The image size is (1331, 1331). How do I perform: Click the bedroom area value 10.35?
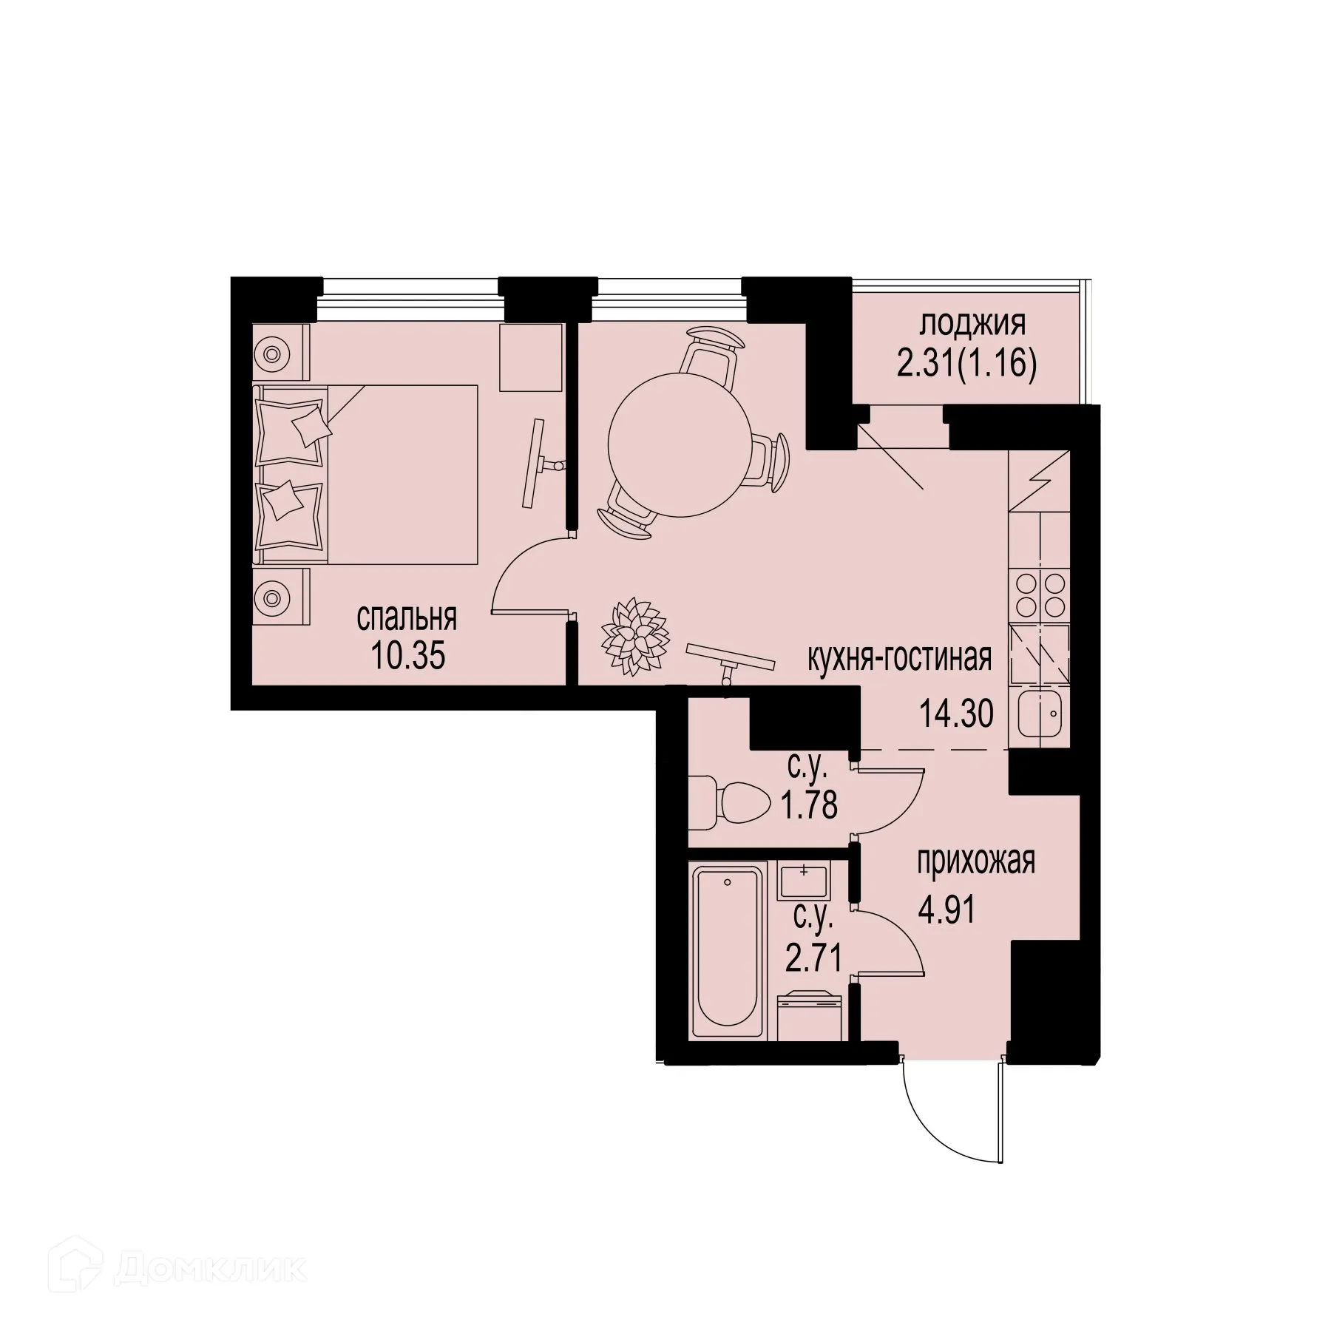point(408,655)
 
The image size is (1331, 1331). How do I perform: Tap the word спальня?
point(407,618)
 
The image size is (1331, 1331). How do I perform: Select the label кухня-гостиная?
point(898,657)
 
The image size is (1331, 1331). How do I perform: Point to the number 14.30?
point(956,714)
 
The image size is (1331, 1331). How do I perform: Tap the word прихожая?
point(976,861)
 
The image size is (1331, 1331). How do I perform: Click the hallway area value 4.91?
point(947,910)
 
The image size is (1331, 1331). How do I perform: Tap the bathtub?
point(727,954)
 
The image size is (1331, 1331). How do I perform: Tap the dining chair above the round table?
point(712,351)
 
